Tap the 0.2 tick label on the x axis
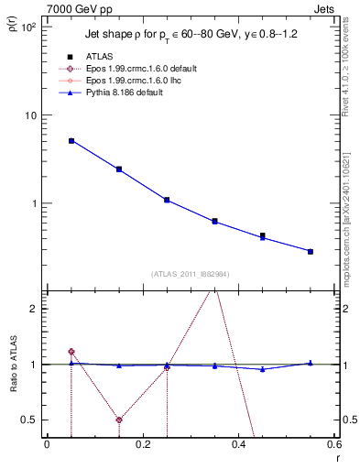[142, 444]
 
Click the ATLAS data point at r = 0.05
[71, 141]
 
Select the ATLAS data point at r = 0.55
[311, 251]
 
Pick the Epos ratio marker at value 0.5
[119, 420]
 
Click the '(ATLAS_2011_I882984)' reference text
[190, 274]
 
